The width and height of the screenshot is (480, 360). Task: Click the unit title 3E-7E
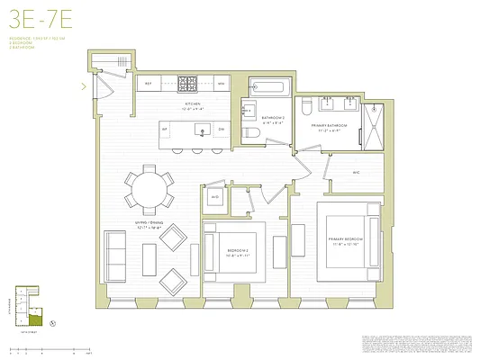[x=33, y=18]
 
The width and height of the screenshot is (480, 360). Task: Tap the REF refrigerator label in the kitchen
[x=149, y=84]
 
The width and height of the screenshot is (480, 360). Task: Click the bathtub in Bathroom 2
[x=267, y=88]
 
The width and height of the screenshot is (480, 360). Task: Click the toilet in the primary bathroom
[x=306, y=107]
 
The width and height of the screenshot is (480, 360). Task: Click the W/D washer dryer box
[x=215, y=198]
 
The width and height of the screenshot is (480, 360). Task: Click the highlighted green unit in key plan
[x=35, y=318]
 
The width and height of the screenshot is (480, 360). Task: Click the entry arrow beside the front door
[x=84, y=86]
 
